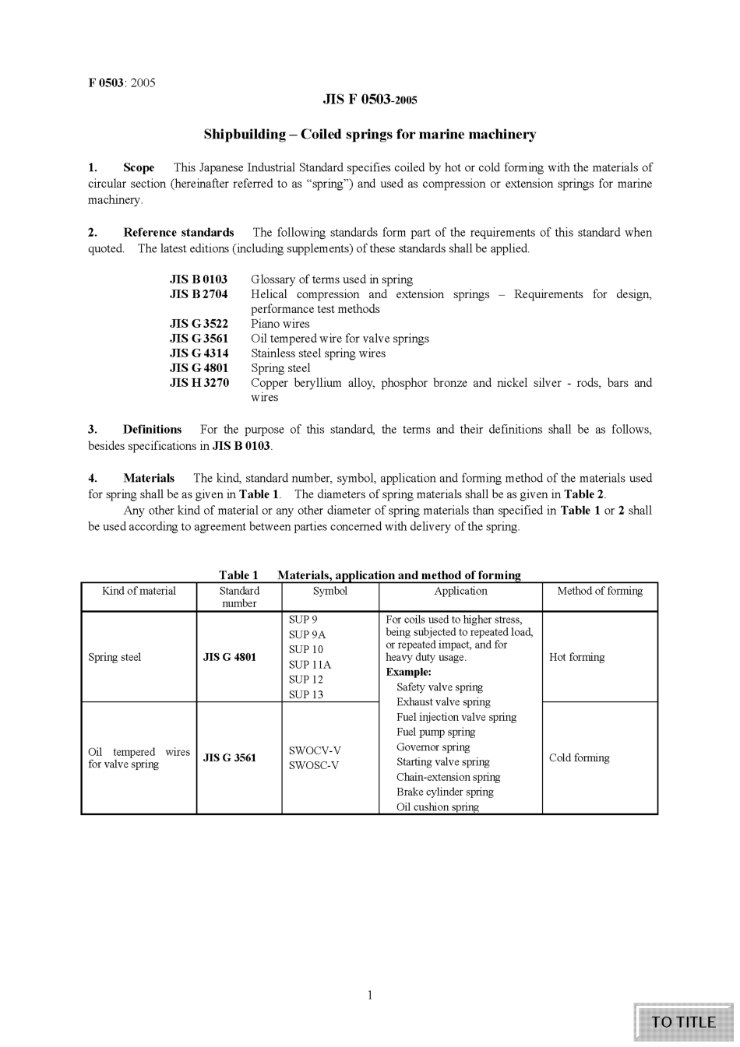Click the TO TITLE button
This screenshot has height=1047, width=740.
point(683,1022)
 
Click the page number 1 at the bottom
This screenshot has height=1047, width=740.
point(370,995)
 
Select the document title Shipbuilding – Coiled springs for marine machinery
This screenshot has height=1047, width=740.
point(370,135)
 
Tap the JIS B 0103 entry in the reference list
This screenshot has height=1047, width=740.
point(199,279)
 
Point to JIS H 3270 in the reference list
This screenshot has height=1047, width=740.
point(199,383)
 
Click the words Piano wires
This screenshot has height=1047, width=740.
point(280,324)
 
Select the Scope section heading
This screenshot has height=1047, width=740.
point(138,167)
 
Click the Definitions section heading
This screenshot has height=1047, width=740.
point(152,430)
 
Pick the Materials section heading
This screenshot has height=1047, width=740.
point(148,478)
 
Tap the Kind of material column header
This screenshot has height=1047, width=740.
point(139,591)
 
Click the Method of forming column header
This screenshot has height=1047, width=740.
point(600,591)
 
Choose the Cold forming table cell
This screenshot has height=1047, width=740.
point(579,758)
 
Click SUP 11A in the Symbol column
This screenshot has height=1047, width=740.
point(309,665)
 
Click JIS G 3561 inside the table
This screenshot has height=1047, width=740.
point(229,758)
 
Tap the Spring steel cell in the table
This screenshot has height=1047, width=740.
point(115,657)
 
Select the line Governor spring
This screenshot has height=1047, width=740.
point(433,747)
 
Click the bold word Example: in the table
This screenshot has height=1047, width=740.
point(408,672)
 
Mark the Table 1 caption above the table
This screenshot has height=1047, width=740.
point(369,575)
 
